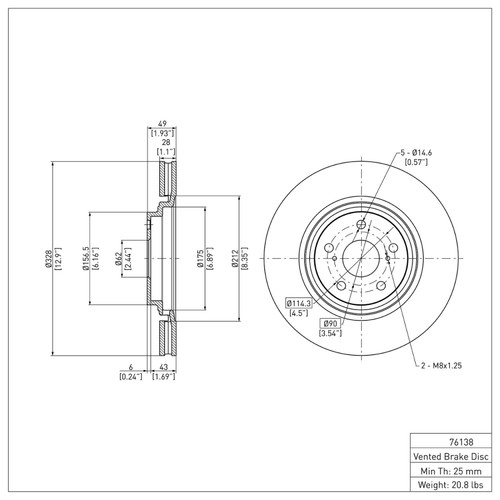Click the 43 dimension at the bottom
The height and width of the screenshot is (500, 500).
click(162, 366)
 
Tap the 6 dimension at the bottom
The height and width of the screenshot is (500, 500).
click(130, 366)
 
